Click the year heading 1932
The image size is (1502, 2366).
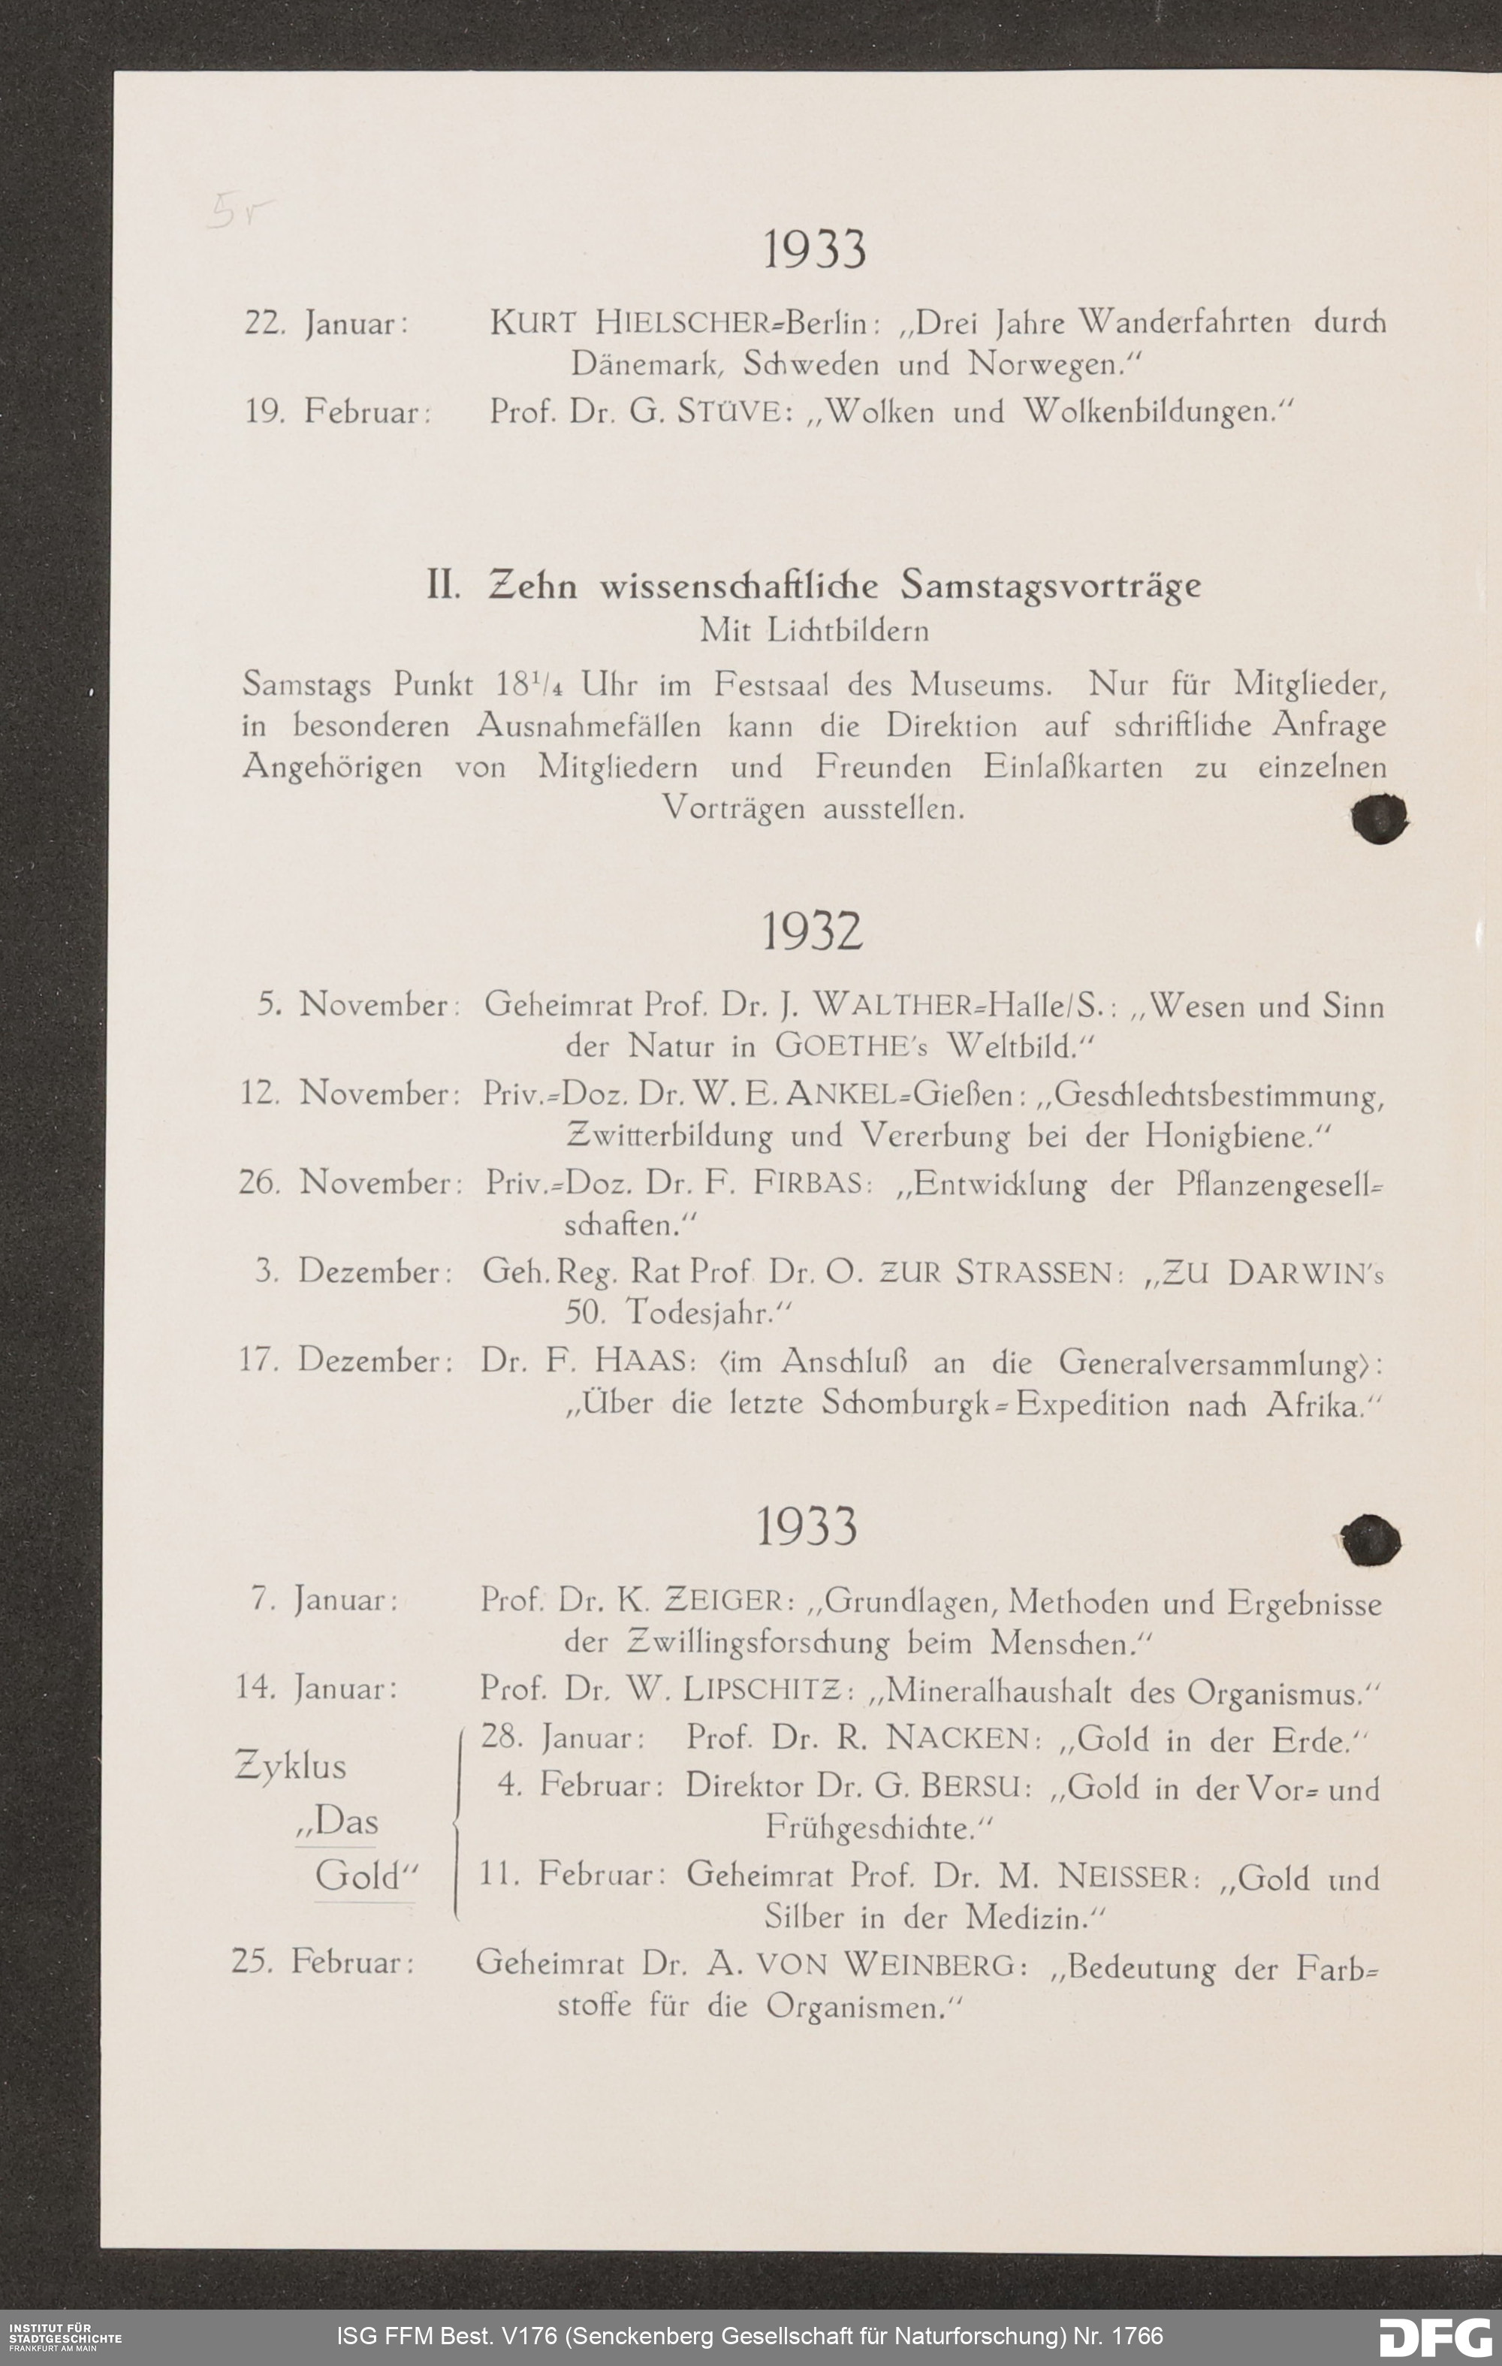(x=813, y=931)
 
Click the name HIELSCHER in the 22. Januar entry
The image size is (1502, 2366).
(x=683, y=322)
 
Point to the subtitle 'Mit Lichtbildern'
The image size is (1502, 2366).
(x=813, y=630)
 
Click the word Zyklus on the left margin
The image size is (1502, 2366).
(x=291, y=1767)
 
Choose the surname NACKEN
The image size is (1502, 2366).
(x=957, y=1739)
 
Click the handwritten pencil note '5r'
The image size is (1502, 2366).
(x=238, y=211)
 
